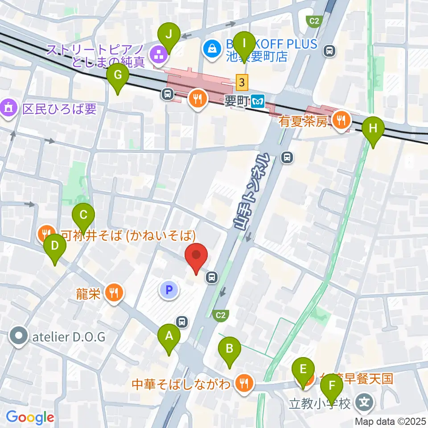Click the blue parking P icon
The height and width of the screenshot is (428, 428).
click(169, 291)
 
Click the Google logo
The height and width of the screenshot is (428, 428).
click(30, 417)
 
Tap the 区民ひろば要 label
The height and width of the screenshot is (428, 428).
click(59, 109)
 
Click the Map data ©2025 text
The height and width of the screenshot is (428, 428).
click(391, 421)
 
